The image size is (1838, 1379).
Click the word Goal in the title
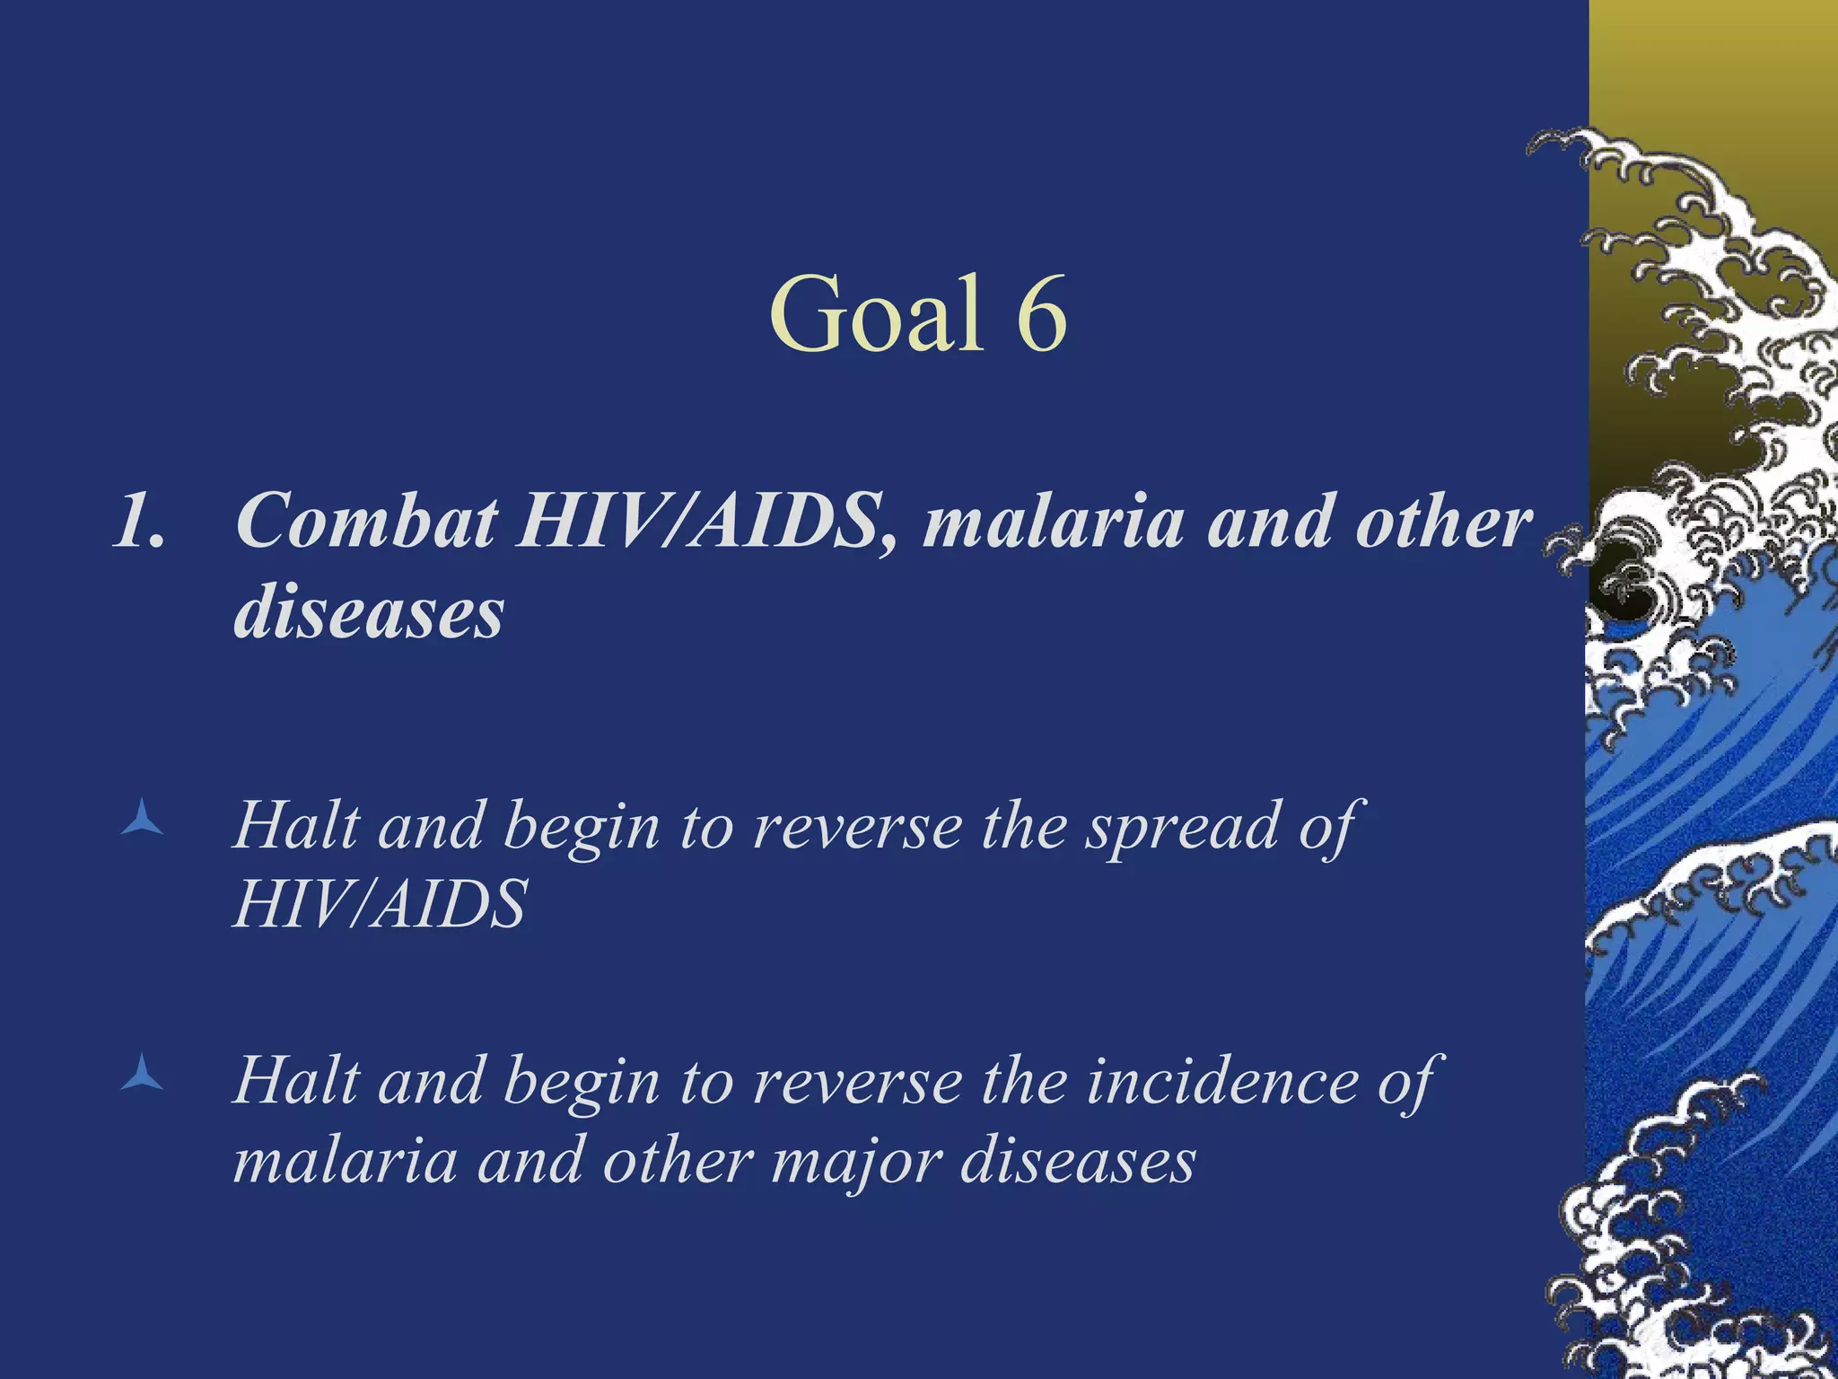click(x=877, y=313)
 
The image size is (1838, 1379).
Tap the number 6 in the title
click(x=1041, y=313)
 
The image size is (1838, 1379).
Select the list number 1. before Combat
click(x=139, y=522)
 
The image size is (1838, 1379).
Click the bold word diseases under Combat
click(x=369, y=614)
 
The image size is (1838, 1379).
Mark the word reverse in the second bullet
click(x=857, y=1081)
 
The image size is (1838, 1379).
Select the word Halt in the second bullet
click(x=296, y=1081)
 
